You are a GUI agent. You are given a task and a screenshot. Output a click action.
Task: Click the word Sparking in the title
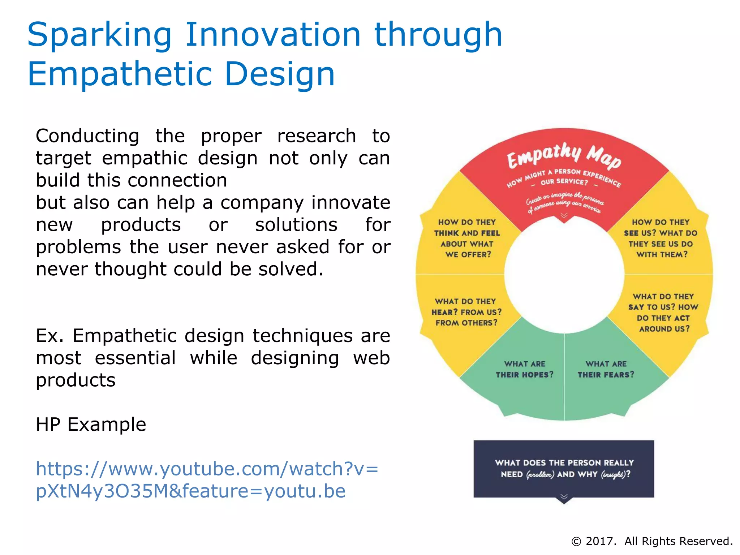pyautogui.click(x=99, y=35)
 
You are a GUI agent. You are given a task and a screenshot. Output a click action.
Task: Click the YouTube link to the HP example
pyautogui.click(x=207, y=479)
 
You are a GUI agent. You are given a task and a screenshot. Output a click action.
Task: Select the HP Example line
pyautogui.click(x=91, y=424)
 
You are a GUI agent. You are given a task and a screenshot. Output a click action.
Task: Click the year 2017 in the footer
pyautogui.click(x=601, y=541)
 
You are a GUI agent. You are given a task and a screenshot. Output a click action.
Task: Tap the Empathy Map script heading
pyautogui.click(x=564, y=156)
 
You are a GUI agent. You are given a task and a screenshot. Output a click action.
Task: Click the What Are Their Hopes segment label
pyautogui.click(x=524, y=369)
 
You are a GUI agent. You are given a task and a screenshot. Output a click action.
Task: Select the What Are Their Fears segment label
pyautogui.click(x=606, y=369)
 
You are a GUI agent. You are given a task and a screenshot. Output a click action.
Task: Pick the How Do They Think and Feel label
pyautogui.click(x=467, y=238)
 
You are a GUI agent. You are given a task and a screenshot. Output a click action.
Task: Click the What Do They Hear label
pyautogui.click(x=466, y=312)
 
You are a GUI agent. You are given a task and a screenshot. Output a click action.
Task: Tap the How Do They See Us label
pyautogui.click(x=661, y=238)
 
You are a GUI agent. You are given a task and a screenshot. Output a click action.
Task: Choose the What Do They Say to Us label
pyautogui.click(x=663, y=313)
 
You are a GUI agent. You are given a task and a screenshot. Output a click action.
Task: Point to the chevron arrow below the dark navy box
pyautogui.click(x=564, y=498)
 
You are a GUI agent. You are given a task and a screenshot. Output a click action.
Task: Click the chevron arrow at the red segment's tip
pyautogui.click(x=564, y=216)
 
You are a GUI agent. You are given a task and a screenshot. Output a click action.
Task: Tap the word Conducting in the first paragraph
pyautogui.click(x=87, y=136)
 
